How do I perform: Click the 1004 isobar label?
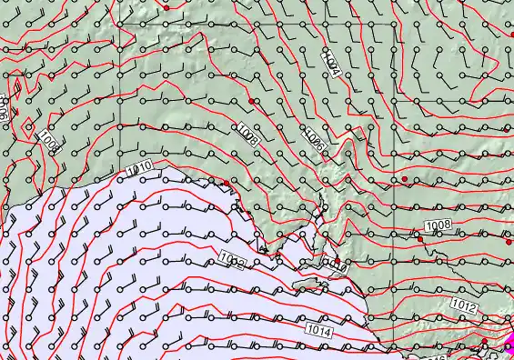[331, 64]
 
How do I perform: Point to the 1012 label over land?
[464, 308]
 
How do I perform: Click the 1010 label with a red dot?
[337, 265]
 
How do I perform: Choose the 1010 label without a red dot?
[137, 169]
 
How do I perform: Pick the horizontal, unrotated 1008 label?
[438, 225]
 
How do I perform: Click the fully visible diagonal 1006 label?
[314, 137]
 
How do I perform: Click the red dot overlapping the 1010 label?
[337, 262]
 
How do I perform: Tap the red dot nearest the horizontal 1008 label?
[406, 179]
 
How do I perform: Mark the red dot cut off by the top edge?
[166, 4]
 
